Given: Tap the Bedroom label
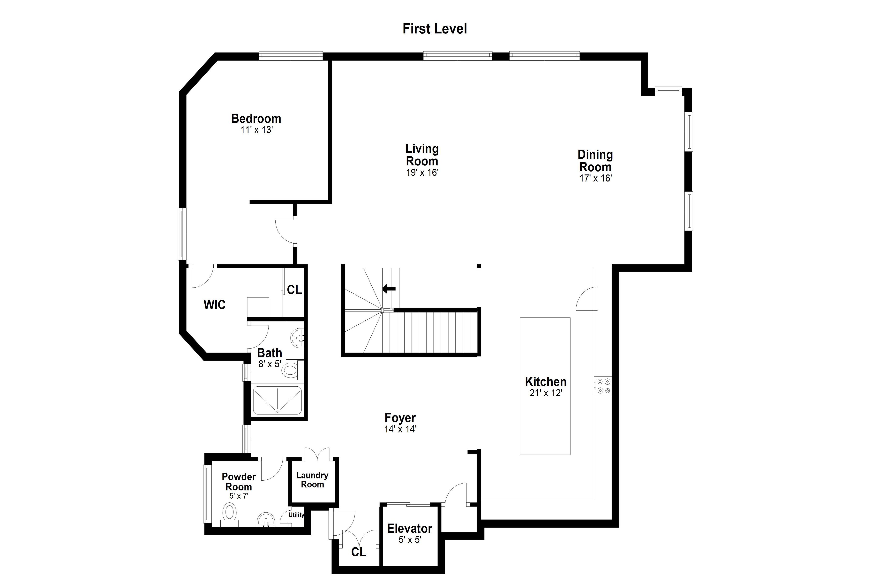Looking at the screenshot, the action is (x=256, y=118).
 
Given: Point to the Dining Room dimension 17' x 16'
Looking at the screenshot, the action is (x=595, y=178).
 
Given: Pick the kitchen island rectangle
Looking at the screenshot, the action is (x=545, y=386).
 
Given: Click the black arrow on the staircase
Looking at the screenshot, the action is (x=389, y=289).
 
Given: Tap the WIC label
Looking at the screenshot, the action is (x=214, y=305).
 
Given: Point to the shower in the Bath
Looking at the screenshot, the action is (x=277, y=400).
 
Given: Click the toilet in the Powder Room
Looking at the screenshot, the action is (x=230, y=515).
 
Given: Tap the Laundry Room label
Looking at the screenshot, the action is (x=312, y=480).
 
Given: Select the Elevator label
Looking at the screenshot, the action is (x=410, y=528).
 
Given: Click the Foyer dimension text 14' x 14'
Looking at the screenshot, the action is (x=400, y=429).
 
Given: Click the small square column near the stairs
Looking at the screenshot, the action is (x=479, y=266).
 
